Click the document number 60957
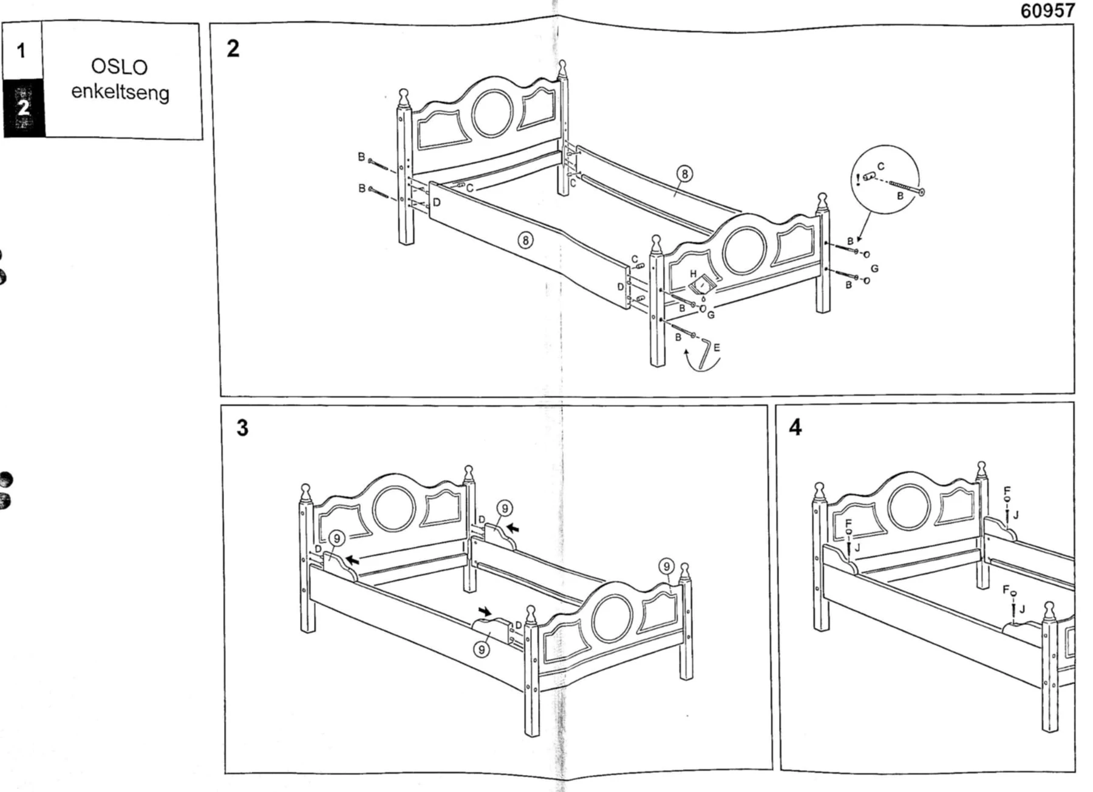pyautogui.click(x=1047, y=11)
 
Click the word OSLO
pyautogui.click(x=120, y=66)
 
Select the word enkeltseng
pyautogui.click(x=120, y=92)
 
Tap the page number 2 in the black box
pyautogui.click(x=23, y=108)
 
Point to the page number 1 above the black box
pyautogui.click(x=21, y=51)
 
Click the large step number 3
pyautogui.click(x=242, y=428)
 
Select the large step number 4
pyautogui.click(x=795, y=427)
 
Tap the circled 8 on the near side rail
pyautogui.click(x=525, y=241)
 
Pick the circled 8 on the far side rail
pyautogui.click(x=685, y=174)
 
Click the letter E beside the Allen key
pyautogui.click(x=717, y=348)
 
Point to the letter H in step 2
pyautogui.click(x=693, y=274)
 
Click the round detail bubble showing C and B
pyautogui.click(x=886, y=180)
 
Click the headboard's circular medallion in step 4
pyautogui.click(x=909, y=507)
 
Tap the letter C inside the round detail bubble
pyautogui.click(x=881, y=166)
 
